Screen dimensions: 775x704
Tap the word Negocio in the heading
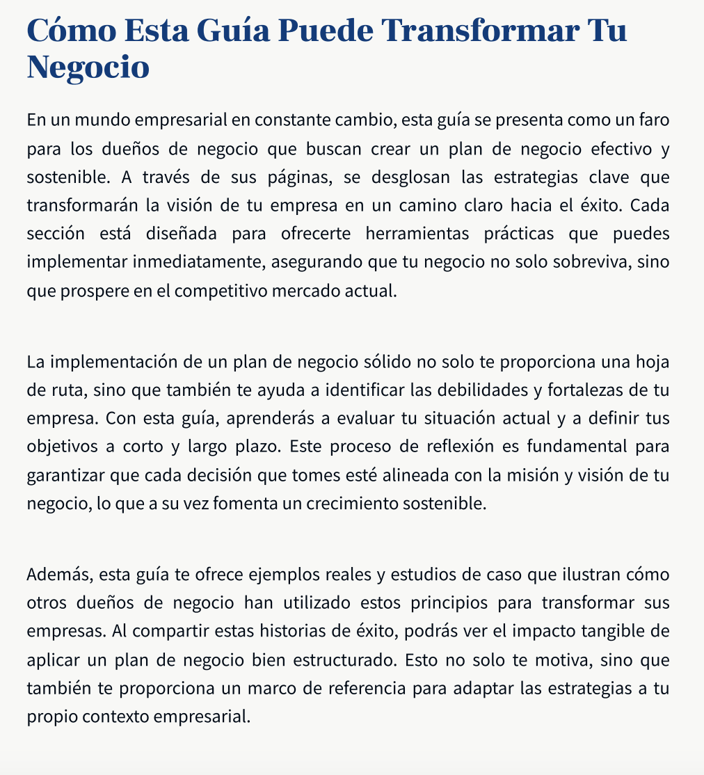pos(88,67)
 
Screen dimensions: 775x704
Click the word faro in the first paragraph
pos(655,119)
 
